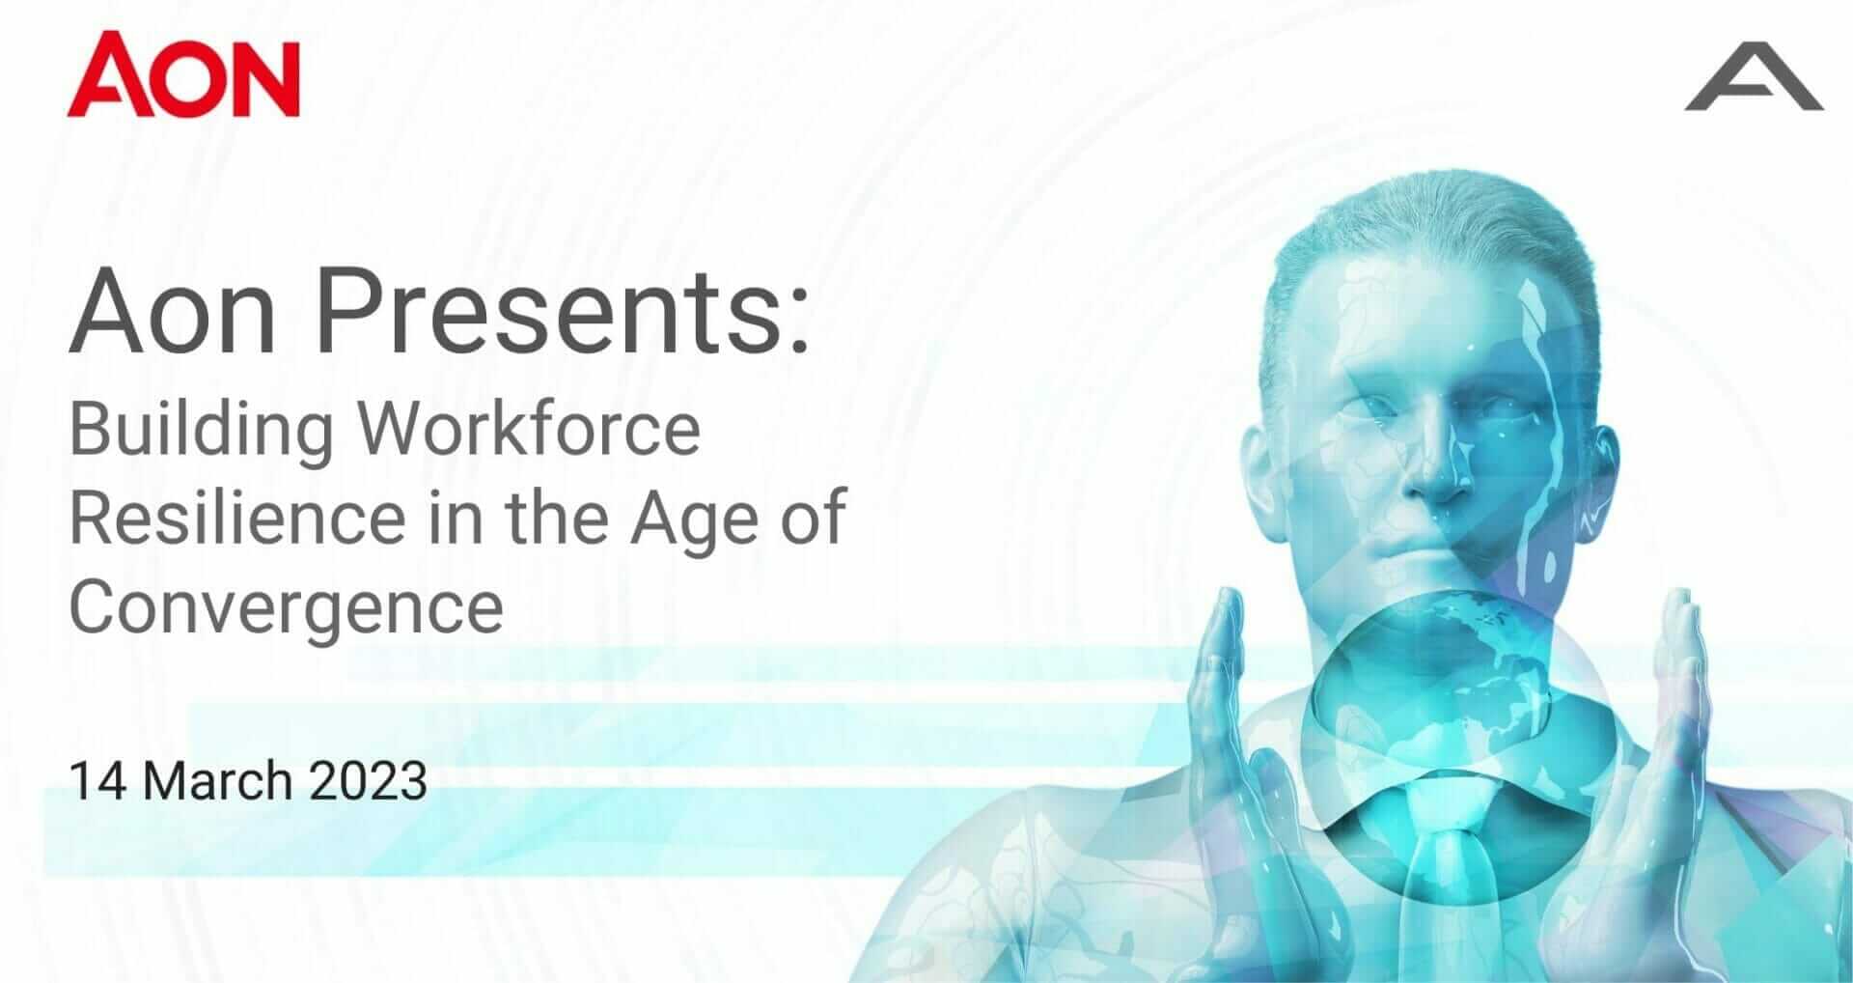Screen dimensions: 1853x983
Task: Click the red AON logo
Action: point(183,74)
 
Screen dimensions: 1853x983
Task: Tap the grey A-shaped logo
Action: point(1754,90)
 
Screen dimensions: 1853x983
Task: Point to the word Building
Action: point(202,432)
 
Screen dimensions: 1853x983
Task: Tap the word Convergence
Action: point(287,609)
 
